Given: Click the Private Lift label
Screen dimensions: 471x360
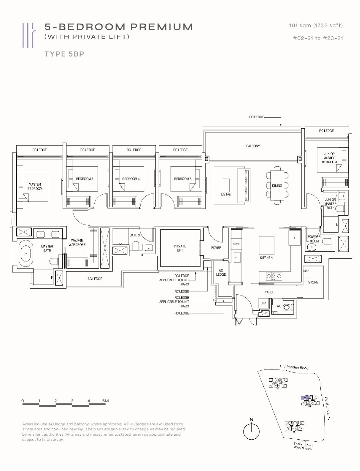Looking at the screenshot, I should [x=180, y=248].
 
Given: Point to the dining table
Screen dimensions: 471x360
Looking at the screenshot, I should [x=277, y=186].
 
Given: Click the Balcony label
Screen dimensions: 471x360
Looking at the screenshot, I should [x=253, y=146].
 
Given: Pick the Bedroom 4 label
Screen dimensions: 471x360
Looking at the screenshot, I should [x=131, y=179].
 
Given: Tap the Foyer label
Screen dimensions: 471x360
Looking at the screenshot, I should [x=216, y=247].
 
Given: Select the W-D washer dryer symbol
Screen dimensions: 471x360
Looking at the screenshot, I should [x=264, y=303].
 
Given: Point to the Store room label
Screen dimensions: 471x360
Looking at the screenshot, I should [x=313, y=282].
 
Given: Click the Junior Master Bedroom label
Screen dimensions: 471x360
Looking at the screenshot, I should [x=329, y=158].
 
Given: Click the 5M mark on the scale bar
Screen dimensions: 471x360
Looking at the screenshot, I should [x=105, y=401].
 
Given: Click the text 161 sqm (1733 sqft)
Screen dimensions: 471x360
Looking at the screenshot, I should [x=316, y=25].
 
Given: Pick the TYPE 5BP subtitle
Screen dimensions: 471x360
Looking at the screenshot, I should [x=64, y=54].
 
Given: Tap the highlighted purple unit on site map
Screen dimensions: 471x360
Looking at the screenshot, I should [x=304, y=397].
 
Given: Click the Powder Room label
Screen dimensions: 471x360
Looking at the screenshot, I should [x=314, y=239].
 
